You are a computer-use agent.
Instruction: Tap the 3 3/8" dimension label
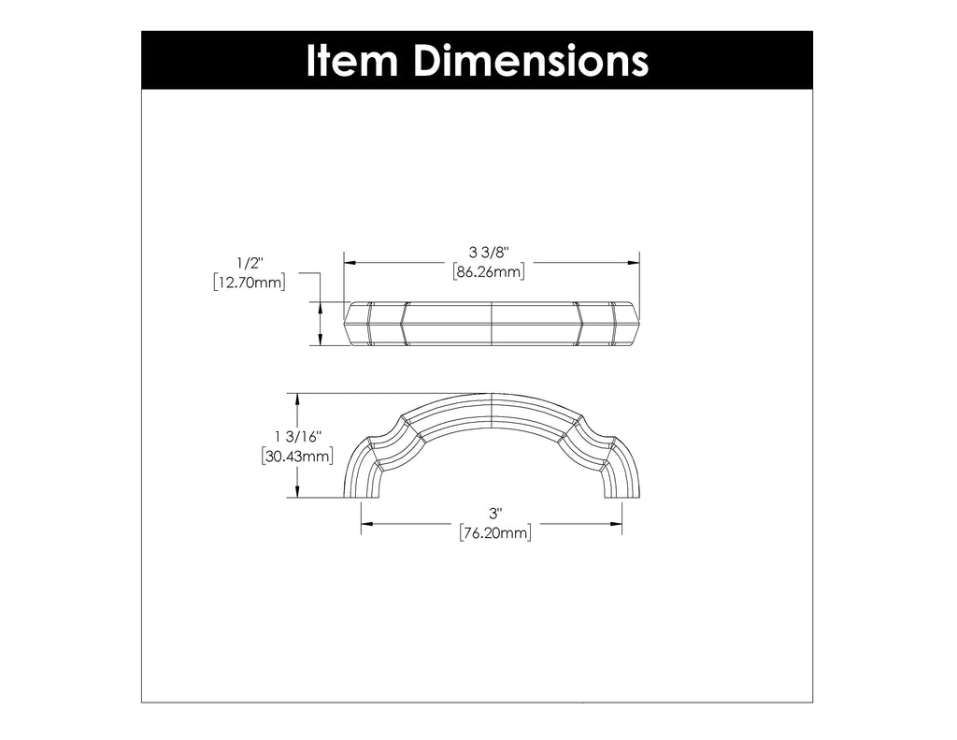(489, 253)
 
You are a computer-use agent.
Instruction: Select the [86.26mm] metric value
(489, 272)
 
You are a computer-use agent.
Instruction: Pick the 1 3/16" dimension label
(298, 437)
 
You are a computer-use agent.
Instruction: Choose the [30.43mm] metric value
(298, 457)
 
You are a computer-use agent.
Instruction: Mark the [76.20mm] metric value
(495, 533)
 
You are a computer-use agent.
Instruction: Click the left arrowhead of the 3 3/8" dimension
(350, 263)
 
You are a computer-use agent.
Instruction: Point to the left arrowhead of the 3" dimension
(367, 524)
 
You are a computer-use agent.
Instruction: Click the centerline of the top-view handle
(493, 324)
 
